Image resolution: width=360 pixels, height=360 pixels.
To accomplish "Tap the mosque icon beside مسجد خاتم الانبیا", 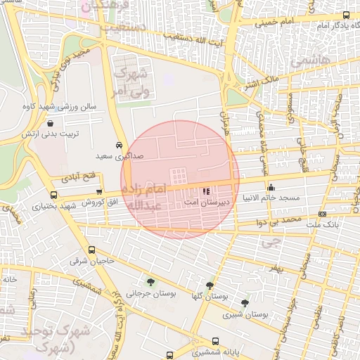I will [x=271, y=188].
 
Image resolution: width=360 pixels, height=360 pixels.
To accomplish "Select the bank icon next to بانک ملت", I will [x=322, y=214].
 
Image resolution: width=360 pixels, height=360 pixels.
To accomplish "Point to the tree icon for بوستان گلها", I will [x=210, y=285].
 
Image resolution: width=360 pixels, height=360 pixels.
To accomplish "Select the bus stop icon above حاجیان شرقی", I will [x=91, y=250].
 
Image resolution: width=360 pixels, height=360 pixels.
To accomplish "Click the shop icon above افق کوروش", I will [x=98, y=191].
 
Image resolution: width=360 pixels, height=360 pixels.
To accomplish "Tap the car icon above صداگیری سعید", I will [x=117, y=141].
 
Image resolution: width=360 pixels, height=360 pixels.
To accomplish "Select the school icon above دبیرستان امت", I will [x=205, y=191].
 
